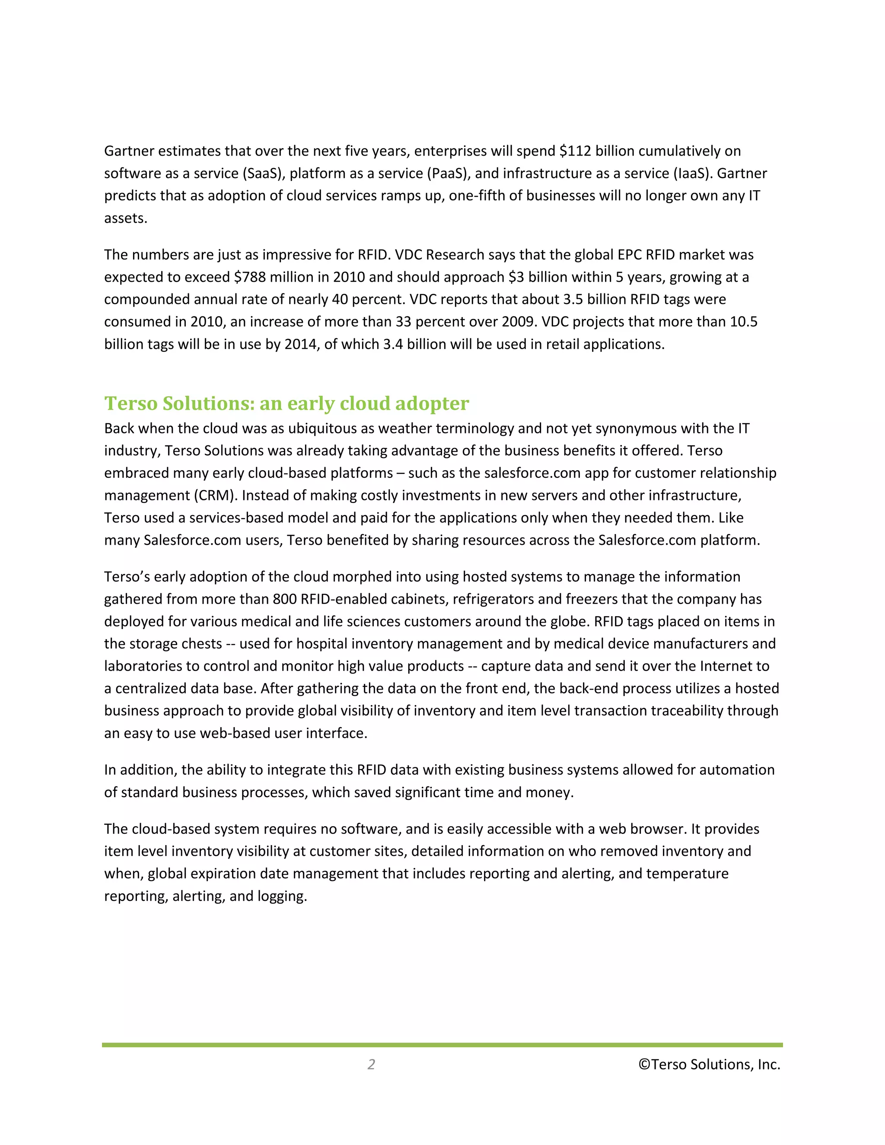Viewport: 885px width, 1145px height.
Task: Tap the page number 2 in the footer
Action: coord(371,1064)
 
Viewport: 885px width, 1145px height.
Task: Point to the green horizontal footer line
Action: coord(442,1045)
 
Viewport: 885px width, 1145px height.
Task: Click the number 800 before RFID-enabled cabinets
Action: coord(285,599)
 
